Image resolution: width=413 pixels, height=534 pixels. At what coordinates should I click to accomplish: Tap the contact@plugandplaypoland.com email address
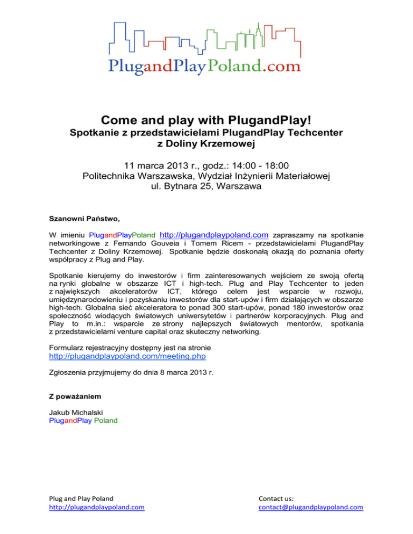(311, 507)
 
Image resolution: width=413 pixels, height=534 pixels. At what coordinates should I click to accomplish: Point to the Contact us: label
(276, 497)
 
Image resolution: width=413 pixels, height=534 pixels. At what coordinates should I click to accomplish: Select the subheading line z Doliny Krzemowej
(206, 144)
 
